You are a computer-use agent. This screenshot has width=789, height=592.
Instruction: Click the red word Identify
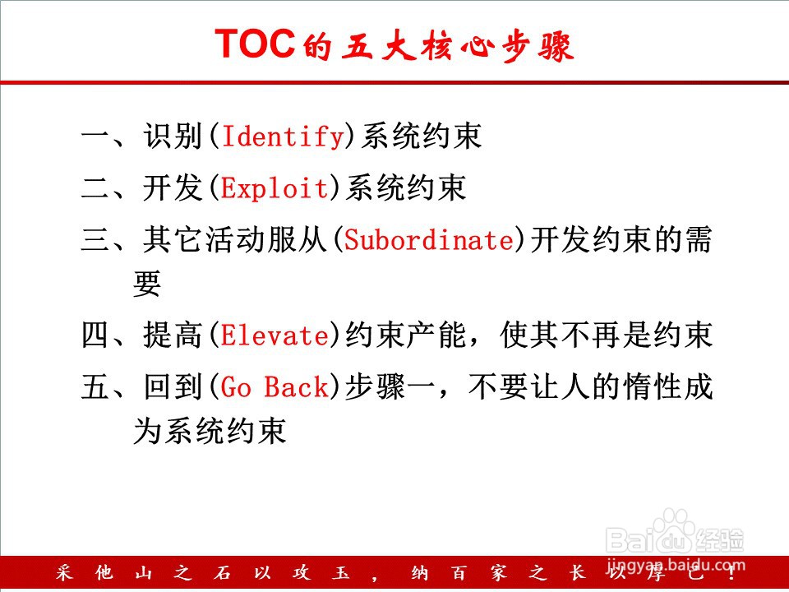[283, 136]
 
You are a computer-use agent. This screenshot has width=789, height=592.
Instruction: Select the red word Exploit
[275, 187]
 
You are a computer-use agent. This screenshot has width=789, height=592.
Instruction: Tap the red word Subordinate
[429, 239]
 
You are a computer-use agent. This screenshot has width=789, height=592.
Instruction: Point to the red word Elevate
[275, 335]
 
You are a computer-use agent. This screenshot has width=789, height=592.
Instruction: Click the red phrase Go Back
[275, 387]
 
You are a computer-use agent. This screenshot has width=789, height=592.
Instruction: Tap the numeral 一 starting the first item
[95, 137]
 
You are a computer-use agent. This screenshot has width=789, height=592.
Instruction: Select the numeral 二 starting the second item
[95, 189]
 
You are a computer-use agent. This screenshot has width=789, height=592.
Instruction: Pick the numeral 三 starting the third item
[95, 239]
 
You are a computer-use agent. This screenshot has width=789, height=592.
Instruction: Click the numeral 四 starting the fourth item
[95, 335]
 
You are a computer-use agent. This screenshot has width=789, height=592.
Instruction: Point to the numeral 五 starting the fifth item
[95, 387]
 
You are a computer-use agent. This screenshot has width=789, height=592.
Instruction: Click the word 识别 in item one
[173, 136]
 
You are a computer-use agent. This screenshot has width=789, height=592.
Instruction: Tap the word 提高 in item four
[173, 335]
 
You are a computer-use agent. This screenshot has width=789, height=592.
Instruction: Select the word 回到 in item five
[173, 387]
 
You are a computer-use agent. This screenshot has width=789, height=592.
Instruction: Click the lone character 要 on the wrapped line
[147, 284]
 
